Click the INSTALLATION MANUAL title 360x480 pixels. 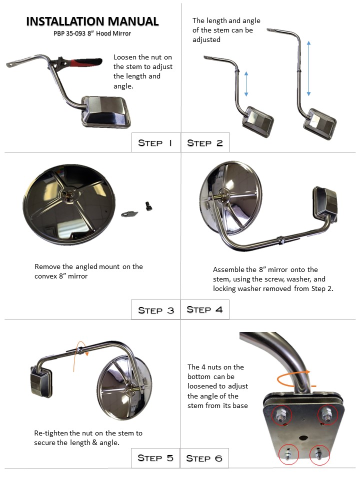pos(92,21)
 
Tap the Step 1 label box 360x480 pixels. pos(155,143)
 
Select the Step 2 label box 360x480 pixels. pos(205,143)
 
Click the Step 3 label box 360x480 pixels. pos(155,310)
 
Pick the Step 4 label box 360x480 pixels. pos(205,309)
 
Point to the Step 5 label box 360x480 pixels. pos(155,458)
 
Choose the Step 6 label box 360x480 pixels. pos(205,458)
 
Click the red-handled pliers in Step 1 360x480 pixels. pos(80,63)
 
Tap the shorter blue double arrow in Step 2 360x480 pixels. pos(246,83)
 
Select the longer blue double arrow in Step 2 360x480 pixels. pos(308,68)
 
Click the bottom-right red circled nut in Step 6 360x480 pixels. pos(318,454)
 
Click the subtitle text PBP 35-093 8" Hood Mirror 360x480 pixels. pos(92,34)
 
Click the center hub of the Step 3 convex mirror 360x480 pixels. pos(68,194)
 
